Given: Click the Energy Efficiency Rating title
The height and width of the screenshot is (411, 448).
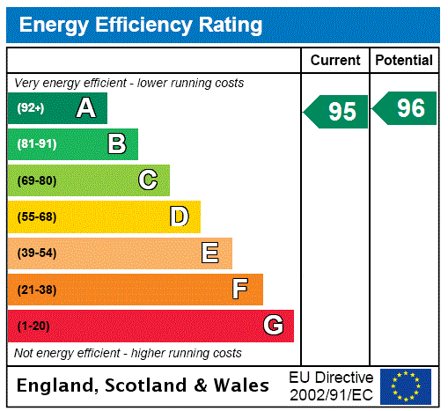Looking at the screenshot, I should click(x=141, y=25).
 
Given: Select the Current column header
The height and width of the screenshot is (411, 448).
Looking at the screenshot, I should click(x=335, y=61).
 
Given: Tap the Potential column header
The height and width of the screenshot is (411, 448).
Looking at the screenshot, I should click(x=404, y=61).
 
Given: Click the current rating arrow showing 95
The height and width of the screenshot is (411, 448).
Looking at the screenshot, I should click(x=337, y=112).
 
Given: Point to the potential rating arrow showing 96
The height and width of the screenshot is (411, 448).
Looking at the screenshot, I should click(x=406, y=108).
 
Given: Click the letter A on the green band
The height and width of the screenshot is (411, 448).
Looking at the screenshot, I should click(x=85, y=108).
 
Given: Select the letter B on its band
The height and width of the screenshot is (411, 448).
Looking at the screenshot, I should click(x=116, y=144).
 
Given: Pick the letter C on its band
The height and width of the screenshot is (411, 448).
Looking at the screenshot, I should click(x=148, y=180).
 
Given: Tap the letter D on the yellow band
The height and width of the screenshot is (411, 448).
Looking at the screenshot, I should click(x=179, y=217).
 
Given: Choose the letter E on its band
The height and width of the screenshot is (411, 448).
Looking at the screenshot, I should click(x=210, y=253).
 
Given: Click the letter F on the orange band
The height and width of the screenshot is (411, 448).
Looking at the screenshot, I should click(x=240, y=290).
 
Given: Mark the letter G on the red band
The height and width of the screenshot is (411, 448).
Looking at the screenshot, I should click(x=274, y=326).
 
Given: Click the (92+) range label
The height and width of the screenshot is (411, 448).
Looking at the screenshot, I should click(x=32, y=109).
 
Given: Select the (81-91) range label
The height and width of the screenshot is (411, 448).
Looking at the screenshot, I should click(x=36, y=144).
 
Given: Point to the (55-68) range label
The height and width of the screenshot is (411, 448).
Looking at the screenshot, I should click(x=36, y=217).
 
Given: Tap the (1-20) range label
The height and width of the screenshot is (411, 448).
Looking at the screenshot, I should click(x=33, y=327).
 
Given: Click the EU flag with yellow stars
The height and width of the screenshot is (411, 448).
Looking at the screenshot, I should click(x=406, y=385).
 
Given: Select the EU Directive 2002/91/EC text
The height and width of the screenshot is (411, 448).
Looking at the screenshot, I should click(x=331, y=385).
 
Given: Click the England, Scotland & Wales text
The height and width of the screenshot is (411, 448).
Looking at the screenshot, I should click(x=143, y=385).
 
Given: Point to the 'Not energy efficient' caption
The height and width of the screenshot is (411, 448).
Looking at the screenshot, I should click(x=128, y=353).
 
